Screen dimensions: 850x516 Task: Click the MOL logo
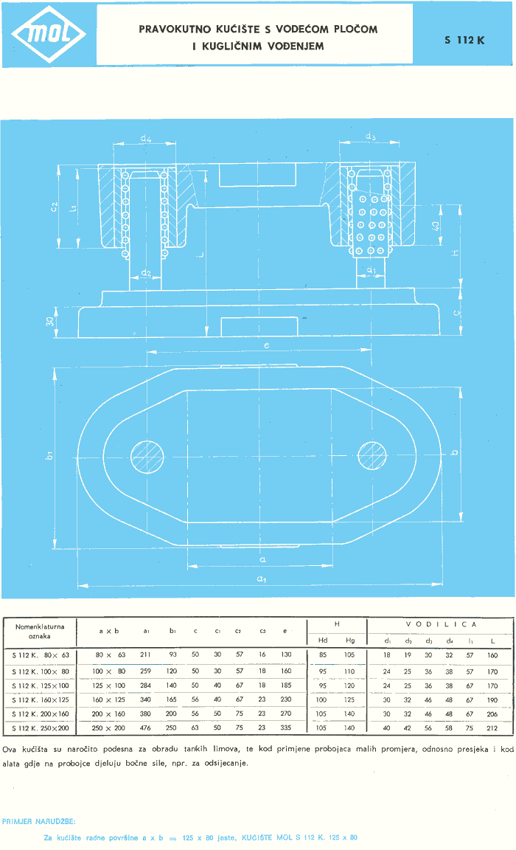[x=48, y=34]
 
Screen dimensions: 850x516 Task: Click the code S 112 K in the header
[x=464, y=41]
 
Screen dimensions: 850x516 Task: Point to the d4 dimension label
[x=146, y=138]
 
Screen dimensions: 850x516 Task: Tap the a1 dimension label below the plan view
[x=261, y=579]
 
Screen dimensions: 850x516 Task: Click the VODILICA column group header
[x=441, y=624]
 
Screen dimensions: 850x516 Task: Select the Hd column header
[x=322, y=640]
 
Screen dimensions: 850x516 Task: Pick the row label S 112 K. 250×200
[x=41, y=728]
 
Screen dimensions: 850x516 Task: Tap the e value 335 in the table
[x=287, y=728]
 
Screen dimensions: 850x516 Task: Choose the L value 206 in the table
[x=492, y=713]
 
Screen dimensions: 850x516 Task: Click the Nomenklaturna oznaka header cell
[x=40, y=631]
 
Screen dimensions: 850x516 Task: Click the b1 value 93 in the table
[x=172, y=654]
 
